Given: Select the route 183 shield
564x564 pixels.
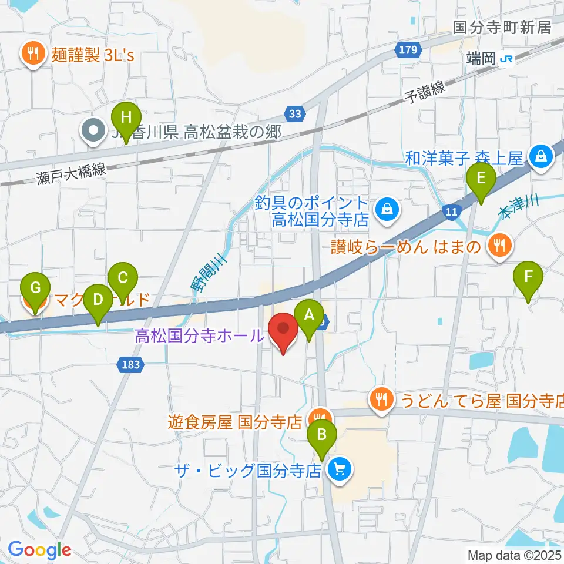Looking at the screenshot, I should pyautogui.click(x=131, y=364).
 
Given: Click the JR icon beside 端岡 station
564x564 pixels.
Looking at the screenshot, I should pyautogui.click(x=507, y=59).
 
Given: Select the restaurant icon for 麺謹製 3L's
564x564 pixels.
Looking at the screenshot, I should pyautogui.click(x=32, y=55).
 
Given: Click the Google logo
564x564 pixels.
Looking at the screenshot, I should pyautogui.click(x=40, y=550).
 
